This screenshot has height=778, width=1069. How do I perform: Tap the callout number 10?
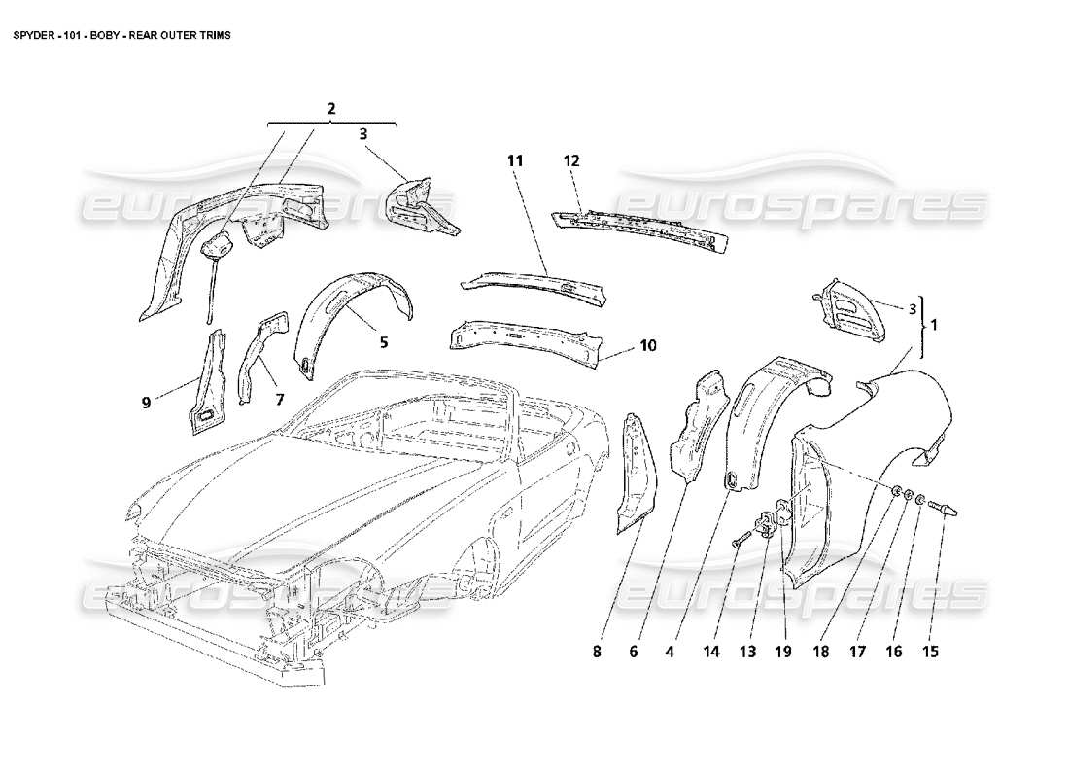648,345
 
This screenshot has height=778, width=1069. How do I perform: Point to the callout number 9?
146,401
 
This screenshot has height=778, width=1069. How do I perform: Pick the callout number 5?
384,342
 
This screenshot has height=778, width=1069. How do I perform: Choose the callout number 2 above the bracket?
331,108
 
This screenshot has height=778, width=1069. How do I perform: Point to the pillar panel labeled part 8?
635,472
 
